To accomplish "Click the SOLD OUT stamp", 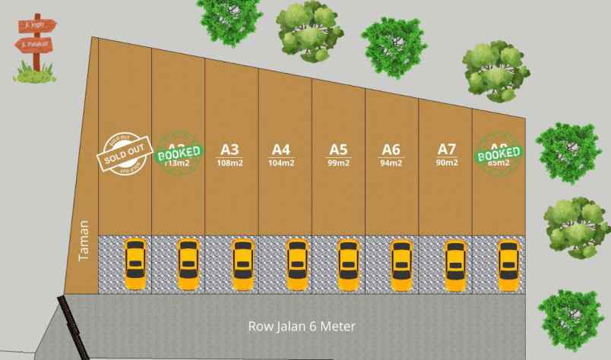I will pos(125,155).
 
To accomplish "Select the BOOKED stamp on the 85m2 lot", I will pos(499,156).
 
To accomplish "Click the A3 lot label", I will pos(230,149).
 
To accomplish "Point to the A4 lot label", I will pos(282,149).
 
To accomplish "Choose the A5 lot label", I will pos(338,149).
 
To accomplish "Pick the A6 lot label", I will pos(391,149).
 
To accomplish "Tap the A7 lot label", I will pos(446,149).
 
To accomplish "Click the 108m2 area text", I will pos(230,163).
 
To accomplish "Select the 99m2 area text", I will pos(338,163).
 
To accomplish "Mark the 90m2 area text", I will pos(446,163).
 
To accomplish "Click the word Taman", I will pos(84,242).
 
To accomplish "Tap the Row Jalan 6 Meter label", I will pos(302,327).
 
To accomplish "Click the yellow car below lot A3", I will pos(242,264).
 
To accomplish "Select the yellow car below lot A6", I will pos(400,264).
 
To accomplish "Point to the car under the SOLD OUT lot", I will pos(135,264).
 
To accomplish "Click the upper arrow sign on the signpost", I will pos(37,24).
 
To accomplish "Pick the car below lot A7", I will pos(455,264).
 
